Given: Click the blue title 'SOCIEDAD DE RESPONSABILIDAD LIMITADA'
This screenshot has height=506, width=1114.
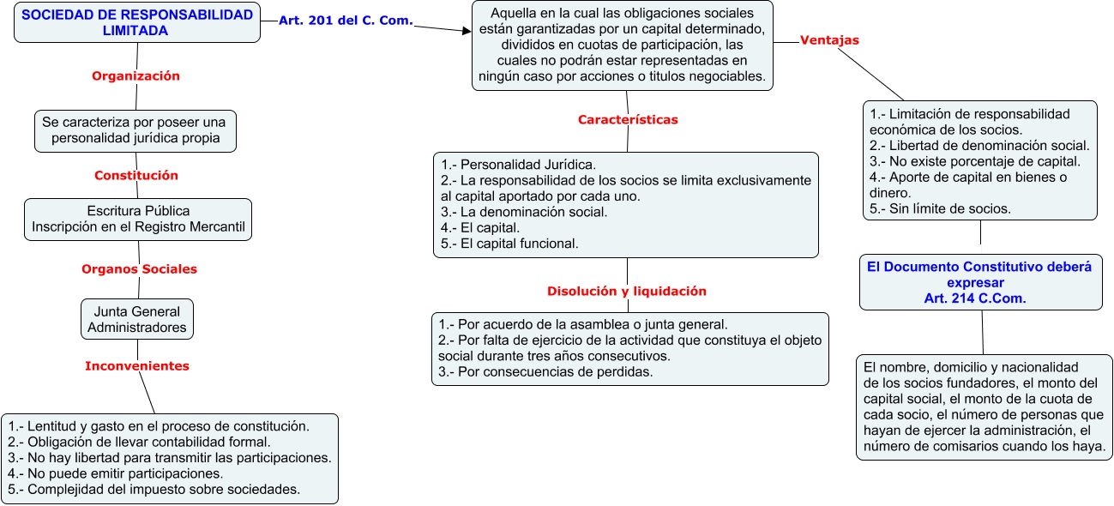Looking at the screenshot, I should tap(137, 22).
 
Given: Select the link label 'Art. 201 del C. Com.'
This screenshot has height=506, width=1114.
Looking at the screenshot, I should tap(346, 21).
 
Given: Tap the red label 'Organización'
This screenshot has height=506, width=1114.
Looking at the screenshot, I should tap(135, 75).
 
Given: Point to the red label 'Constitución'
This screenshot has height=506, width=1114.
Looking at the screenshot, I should tap(136, 175).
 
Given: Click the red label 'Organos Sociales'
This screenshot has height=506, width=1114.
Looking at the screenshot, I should tap(139, 268).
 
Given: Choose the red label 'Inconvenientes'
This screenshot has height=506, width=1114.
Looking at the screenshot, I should tap(137, 365).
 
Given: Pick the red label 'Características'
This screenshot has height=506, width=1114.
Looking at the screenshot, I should tap(628, 120).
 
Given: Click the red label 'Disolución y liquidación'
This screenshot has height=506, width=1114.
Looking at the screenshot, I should tap(627, 291).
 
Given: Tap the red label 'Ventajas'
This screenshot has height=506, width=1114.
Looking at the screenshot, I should tap(829, 39).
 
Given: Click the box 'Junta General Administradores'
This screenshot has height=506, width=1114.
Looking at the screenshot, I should tap(137, 319).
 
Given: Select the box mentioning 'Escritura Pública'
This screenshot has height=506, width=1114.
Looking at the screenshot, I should tap(138, 219).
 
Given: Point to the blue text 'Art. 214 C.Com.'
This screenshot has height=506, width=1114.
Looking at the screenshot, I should tap(981, 298).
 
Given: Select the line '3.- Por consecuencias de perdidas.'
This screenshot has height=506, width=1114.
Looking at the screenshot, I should tap(545, 371).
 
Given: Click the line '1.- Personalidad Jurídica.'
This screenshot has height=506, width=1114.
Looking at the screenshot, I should tap(519, 165).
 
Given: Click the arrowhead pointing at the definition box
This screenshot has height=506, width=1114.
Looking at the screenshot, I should tap(467, 31).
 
